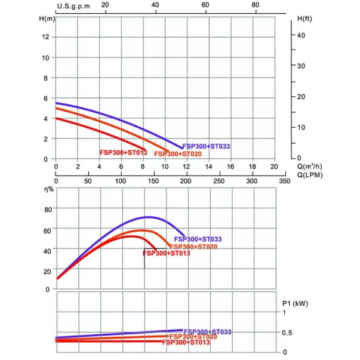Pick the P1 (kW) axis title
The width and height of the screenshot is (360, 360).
point(294,303)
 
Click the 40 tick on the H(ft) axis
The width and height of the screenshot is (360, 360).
point(301,35)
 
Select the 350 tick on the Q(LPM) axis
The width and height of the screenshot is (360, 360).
point(274,180)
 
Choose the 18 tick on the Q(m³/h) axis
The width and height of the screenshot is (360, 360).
point(253,167)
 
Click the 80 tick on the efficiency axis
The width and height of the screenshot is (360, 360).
point(47,210)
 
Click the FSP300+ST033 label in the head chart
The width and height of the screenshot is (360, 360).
point(207,146)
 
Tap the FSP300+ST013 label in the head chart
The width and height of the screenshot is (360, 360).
point(123,153)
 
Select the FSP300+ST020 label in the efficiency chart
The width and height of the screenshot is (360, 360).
point(193,246)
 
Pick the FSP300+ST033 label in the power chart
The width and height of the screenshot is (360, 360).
point(208,331)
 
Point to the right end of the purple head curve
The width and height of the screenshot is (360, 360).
point(182,147)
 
